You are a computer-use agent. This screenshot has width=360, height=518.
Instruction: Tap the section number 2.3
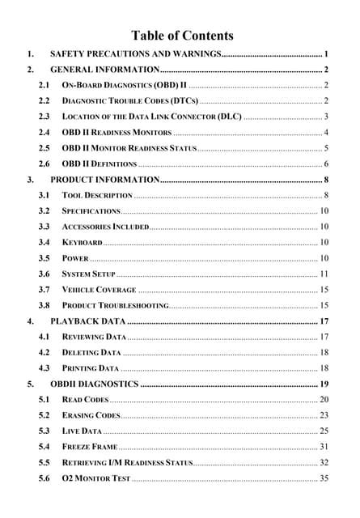point(44,117)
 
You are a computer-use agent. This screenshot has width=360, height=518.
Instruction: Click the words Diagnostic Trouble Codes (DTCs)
point(129,100)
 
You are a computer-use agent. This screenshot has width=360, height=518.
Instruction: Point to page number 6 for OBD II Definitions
point(325,163)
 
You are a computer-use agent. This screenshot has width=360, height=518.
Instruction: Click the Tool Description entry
point(97,195)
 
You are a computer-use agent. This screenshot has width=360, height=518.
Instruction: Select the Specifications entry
point(91,210)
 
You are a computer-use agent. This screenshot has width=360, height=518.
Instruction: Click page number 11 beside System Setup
point(324,274)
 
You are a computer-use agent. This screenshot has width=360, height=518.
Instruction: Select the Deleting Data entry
point(91,353)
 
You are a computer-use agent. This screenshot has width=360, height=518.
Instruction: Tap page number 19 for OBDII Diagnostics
point(324,384)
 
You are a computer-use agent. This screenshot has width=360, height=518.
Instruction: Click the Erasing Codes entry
point(91,415)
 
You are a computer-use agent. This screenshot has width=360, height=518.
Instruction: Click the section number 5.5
point(44,462)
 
